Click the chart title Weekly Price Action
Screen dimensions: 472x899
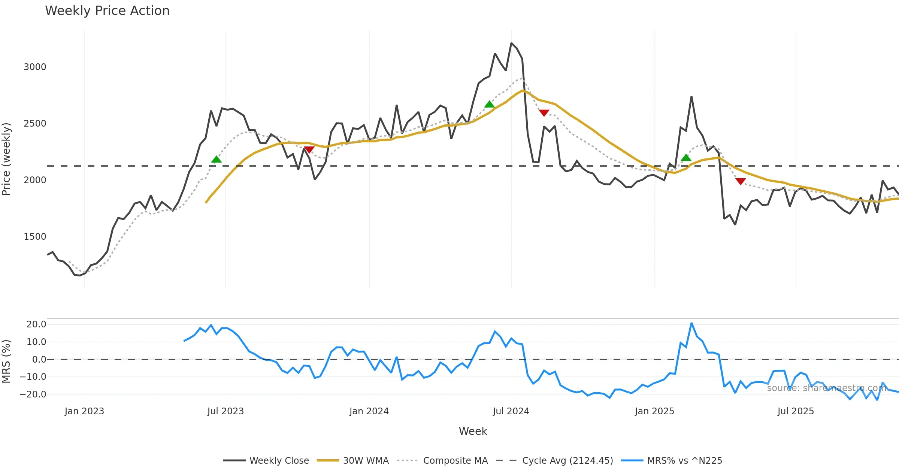pos(107,11)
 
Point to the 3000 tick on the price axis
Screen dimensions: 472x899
pos(35,67)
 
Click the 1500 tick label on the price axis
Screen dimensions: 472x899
pos(35,237)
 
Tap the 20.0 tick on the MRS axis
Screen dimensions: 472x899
pos(36,324)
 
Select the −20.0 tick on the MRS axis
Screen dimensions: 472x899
pos(33,394)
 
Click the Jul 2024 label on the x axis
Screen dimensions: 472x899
pos(511,411)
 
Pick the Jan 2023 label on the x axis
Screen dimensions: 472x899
pos(84,411)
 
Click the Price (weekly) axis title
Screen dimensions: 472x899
pos(6,159)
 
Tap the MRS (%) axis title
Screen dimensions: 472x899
pos(6,361)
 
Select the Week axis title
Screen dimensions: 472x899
pos(473,432)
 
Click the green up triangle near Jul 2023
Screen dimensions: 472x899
pos(217,160)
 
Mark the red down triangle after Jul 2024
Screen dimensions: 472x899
pos(544,113)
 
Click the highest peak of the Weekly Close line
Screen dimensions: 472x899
pos(511,43)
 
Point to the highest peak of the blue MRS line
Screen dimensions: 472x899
pos(691,323)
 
